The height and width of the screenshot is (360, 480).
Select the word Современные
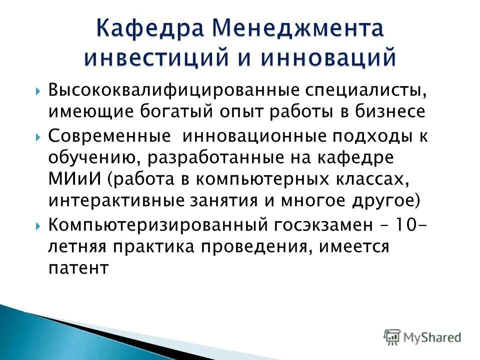(x=109, y=136)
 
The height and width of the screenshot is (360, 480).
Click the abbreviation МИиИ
(x=72, y=178)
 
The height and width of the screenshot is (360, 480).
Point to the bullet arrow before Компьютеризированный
(x=38, y=225)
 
